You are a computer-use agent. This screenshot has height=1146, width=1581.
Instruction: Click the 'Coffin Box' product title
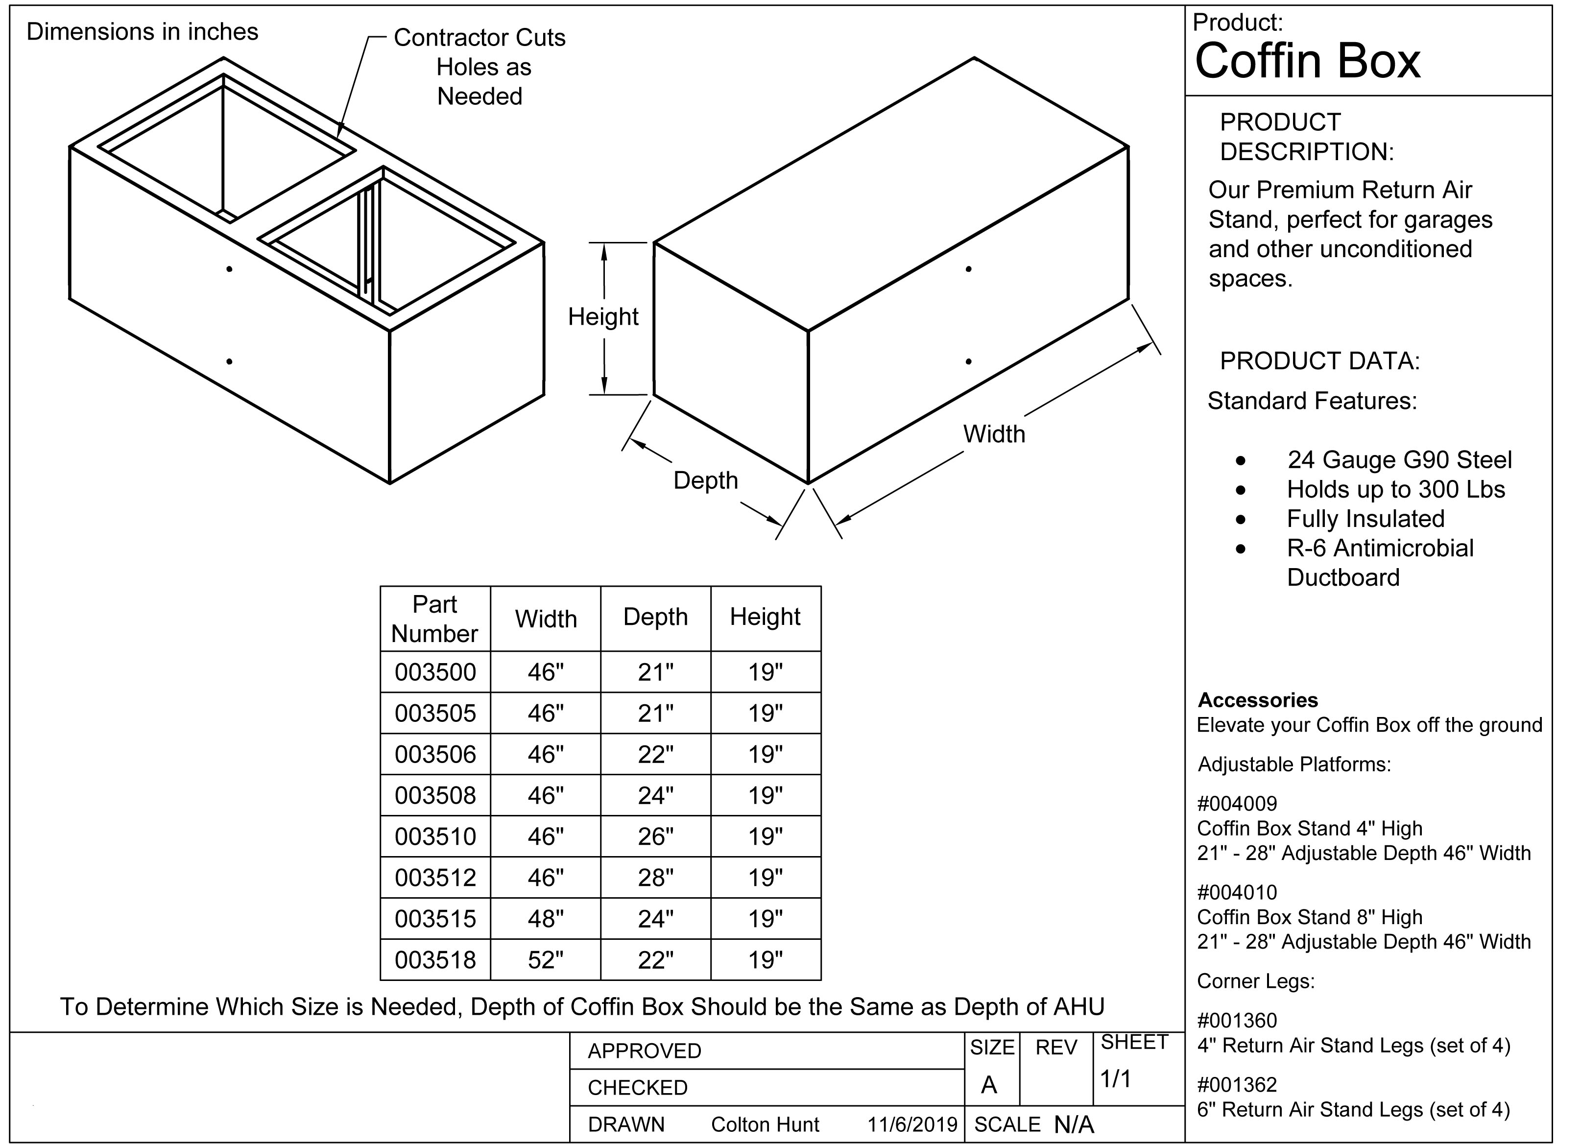click(x=1307, y=61)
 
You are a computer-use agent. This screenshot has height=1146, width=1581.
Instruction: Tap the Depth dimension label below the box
click(x=705, y=480)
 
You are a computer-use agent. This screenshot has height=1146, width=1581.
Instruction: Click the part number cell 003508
click(x=435, y=795)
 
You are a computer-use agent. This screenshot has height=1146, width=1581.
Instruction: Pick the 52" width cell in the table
click(x=545, y=960)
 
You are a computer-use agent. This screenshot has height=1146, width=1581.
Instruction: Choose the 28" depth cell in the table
click(x=655, y=878)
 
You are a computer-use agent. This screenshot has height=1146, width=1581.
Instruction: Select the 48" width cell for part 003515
click(x=545, y=919)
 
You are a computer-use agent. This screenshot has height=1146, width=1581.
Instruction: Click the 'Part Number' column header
click(x=435, y=619)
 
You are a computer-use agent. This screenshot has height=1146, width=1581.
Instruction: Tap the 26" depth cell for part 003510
click(x=655, y=836)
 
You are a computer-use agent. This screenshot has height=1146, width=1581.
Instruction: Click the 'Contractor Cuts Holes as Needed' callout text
click(x=479, y=67)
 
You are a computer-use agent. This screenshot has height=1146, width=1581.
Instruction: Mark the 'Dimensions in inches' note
click(x=142, y=32)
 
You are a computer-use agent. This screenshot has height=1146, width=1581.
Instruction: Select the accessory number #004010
click(x=1237, y=892)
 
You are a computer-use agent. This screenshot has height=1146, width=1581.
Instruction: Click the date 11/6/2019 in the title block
click(x=912, y=1124)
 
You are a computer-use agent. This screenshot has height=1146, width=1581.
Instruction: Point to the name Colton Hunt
click(x=765, y=1124)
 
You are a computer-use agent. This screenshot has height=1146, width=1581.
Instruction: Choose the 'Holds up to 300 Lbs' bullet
click(x=1395, y=489)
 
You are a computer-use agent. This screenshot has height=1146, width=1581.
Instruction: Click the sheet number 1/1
click(x=1115, y=1079)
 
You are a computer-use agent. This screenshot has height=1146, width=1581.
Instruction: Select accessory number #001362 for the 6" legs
click(x=1237, y=1085)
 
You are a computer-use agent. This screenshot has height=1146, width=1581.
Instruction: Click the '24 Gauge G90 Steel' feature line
click(x=1399, y=460)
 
